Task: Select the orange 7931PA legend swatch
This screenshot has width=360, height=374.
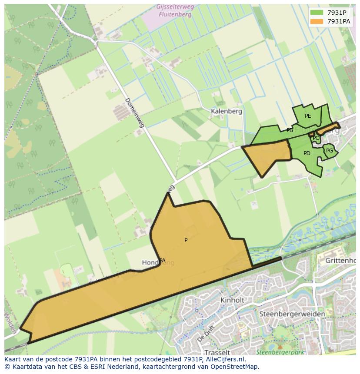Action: point(317,21)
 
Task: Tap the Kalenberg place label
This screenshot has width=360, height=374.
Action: point(226,111)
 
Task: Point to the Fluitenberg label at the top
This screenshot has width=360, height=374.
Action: point(175,14)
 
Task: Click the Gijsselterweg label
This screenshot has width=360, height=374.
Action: point(175,7)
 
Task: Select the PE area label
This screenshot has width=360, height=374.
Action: point(308,116)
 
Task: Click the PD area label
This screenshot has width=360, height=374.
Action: point(307,153)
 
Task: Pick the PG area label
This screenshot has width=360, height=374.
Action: point(330,151)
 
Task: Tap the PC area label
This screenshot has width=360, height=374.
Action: point(316,138)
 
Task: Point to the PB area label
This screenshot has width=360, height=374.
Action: point(290,130)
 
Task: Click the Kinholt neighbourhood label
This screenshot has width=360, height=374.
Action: point(232,300)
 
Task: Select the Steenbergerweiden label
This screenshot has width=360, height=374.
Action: point(292,314)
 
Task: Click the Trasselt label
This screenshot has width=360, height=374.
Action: point(217,352)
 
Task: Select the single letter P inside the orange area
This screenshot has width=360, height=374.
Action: point(186,240)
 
